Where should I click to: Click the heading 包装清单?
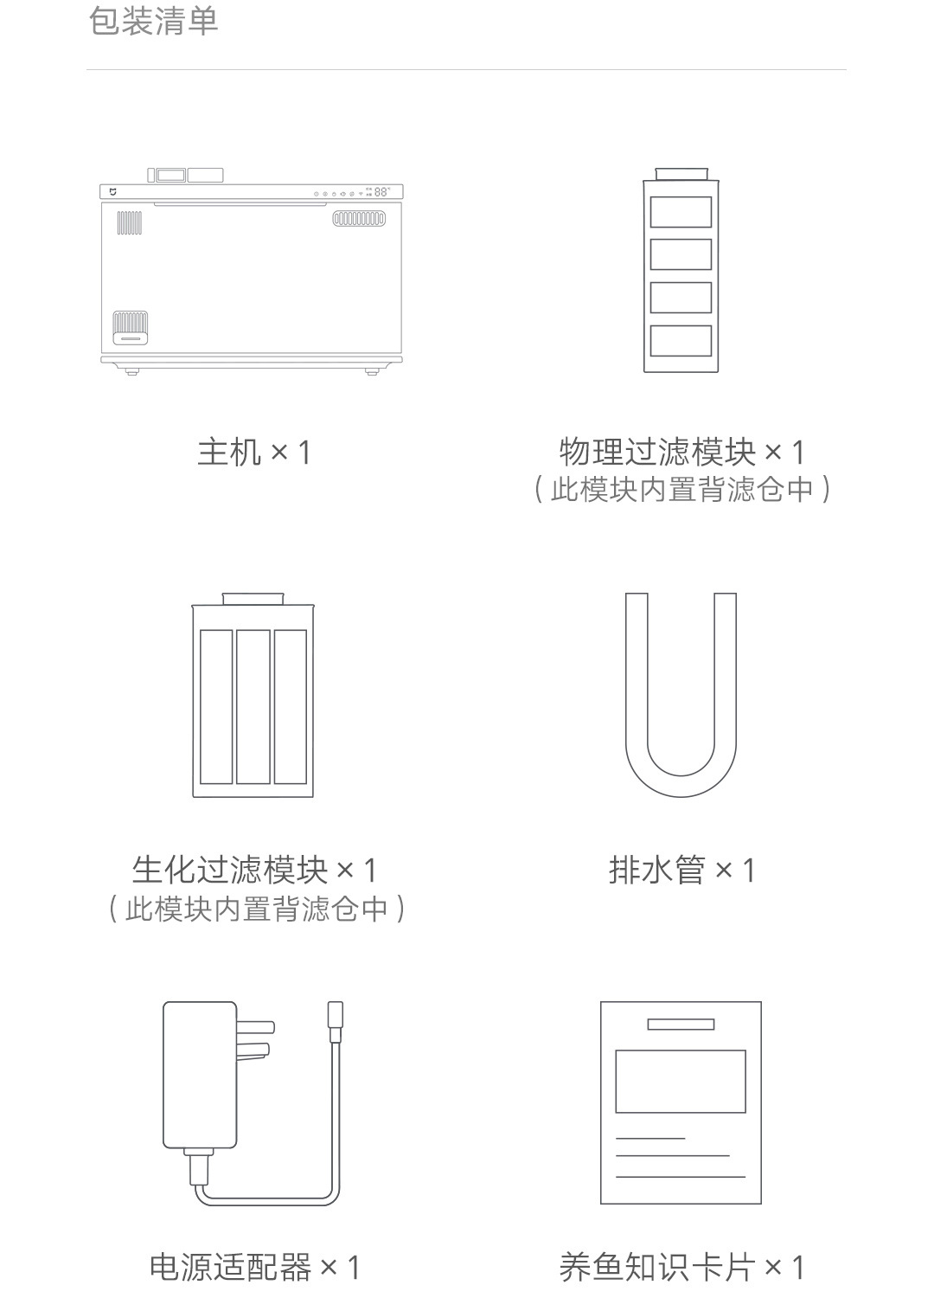[153, 22]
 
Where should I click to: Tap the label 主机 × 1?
[253, 452]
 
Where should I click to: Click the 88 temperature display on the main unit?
[381, 192]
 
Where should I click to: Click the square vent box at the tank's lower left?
[130, 328]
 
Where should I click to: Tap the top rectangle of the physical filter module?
[681, 212]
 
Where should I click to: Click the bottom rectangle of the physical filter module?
[681, 341]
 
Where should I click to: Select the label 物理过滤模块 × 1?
[681, 452]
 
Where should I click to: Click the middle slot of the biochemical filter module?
[253, 706]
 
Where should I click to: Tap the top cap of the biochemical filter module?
[253, 599]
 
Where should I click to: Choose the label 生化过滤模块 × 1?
[254, 870]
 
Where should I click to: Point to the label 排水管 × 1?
[681, 870]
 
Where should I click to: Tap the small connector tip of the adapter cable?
[335, 1021]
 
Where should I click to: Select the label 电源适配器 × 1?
[254, 1268]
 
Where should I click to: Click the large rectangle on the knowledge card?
[681, 1081]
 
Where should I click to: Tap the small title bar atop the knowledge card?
[681, 1025]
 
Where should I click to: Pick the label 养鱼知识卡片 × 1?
[681, 1268]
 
